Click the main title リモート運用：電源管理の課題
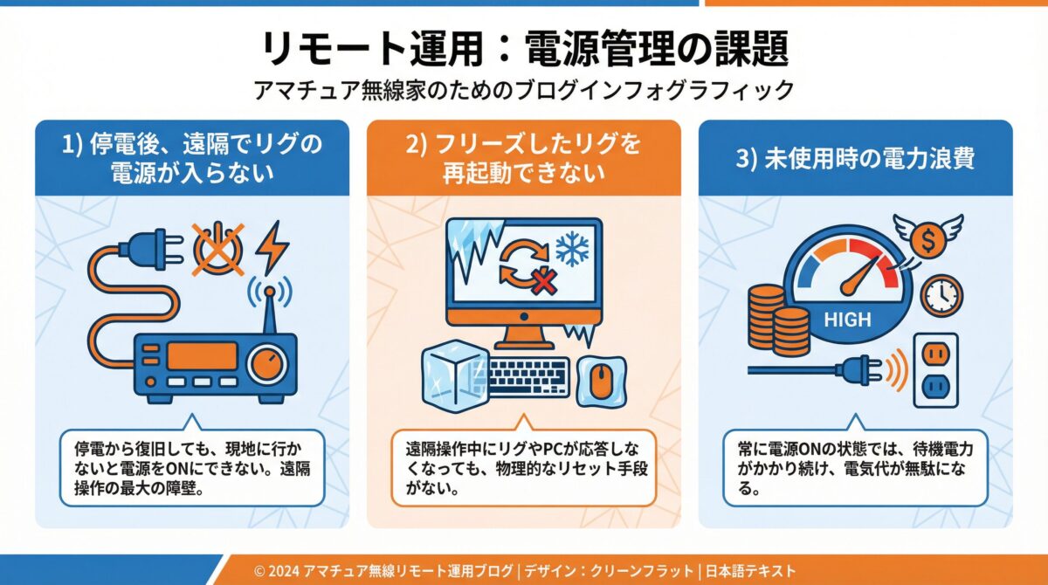(524, 49)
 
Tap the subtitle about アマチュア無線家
(524, 90)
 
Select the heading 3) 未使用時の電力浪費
(855, 158)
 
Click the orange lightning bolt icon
(272, 246)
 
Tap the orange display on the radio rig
(202, 356)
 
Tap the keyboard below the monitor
(527, 376)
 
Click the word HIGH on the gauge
(847, 320)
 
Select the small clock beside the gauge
(941, 296)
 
